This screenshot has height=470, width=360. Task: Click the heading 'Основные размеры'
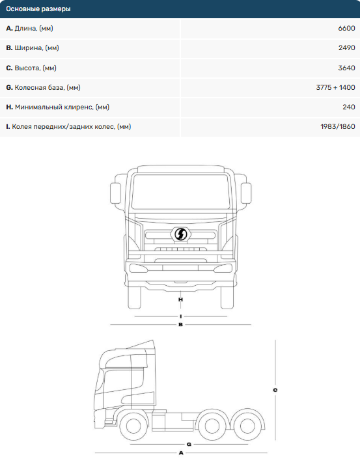point(38,9)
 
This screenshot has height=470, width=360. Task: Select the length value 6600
point(346,28)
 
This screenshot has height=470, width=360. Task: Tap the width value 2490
point(347,48)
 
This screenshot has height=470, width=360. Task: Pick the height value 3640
point(347,68)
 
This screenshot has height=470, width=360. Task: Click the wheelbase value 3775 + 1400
point(335,87)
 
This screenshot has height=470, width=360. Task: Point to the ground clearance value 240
point(349,107)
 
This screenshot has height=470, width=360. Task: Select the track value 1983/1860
point(338,126)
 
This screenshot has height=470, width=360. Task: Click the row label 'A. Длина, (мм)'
point(29,29)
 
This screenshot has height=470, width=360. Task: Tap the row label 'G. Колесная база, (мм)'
point(43,87)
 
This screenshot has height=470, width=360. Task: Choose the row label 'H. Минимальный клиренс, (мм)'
point(57,107)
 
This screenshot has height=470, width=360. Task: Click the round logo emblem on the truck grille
point(180,234)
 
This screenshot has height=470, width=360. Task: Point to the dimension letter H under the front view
point(180,299)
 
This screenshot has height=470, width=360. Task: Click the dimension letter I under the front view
point(180,316)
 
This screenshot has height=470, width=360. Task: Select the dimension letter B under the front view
point(180,324)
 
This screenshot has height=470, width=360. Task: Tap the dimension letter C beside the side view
point(275,390)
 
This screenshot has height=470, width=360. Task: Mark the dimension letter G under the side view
point(189,444)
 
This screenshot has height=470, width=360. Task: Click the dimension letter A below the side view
point(181,453)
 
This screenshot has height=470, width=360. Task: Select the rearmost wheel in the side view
point(247,426)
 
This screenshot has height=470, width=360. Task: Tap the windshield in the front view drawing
point(180,191)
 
